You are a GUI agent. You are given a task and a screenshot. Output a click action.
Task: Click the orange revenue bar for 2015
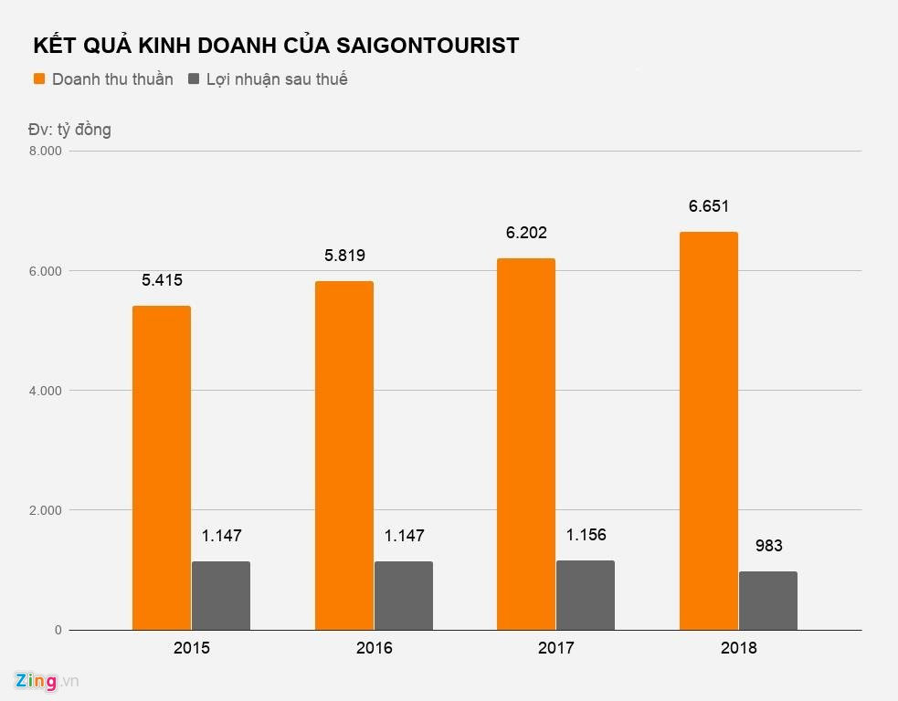pos(162,467)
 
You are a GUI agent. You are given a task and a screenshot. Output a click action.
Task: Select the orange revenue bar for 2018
pos(708,431)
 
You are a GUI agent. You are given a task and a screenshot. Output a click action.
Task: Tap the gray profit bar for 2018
pos(767,601)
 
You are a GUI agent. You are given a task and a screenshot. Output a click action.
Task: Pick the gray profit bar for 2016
pos(403,595)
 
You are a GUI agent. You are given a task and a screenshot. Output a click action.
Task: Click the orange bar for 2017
pos(526,444)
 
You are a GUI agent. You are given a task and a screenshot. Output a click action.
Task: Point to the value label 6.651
pos(709,206)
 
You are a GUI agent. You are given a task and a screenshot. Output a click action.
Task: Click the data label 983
pos(768,547)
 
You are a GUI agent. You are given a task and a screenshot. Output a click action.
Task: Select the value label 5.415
pos(162,280)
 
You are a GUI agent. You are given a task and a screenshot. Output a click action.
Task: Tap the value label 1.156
pos(586,535)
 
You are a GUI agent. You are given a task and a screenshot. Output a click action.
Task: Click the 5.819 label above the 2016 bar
pos(344,256)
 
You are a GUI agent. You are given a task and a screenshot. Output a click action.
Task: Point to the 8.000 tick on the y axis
pos(46,152)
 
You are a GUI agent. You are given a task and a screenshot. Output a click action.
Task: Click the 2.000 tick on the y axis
pos(46,510)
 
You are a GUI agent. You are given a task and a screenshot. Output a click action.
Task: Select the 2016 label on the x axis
pos(374,649)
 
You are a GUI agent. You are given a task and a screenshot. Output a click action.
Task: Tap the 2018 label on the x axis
pos(738,649)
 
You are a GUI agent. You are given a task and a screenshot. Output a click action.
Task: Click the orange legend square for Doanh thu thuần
pos(39,79)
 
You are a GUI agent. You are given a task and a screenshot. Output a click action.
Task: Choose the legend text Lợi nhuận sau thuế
pos(277,79)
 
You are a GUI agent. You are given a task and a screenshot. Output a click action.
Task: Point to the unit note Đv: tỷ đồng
pos(69,130)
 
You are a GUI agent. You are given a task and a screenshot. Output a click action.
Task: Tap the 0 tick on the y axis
pos(57,631)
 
